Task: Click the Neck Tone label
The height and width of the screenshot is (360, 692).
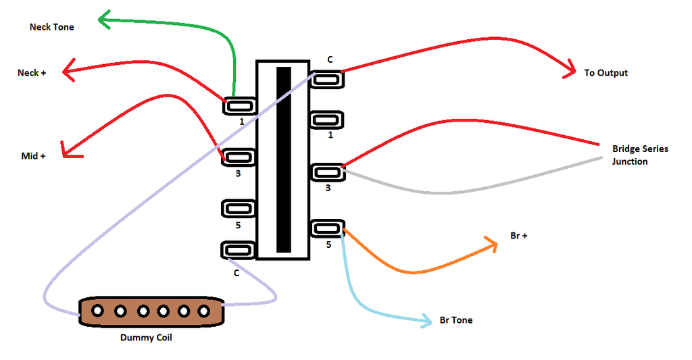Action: (x=52, y=27)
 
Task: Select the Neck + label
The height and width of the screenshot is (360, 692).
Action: (x=32, y=72)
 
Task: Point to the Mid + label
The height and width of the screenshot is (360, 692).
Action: (x=33, y=156)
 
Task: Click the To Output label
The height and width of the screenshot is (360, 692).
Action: (x=605, y=72)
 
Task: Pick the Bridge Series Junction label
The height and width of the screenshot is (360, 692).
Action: (x=639, y=155)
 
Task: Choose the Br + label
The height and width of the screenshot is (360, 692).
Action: (x=519, y=236)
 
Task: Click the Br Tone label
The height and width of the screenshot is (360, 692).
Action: (x=455, y=319)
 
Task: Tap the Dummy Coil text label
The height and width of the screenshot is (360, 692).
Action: (x=145, y=337)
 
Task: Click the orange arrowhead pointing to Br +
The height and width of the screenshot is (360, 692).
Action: (x=492, y=245)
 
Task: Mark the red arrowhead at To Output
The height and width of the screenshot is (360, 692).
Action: (x=568, y=72)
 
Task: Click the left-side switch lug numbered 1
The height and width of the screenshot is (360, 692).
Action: (x=239, y=106)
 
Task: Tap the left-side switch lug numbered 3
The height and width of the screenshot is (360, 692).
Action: (x=239, y=157)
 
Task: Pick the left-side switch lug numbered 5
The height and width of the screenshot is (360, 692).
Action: (x=239, y=209)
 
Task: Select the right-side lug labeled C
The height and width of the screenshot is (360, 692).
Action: (x=328, y=78)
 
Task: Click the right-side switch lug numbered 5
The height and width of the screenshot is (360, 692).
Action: (x=328, y=228)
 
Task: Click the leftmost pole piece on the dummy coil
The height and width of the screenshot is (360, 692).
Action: (x=98, y=311)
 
